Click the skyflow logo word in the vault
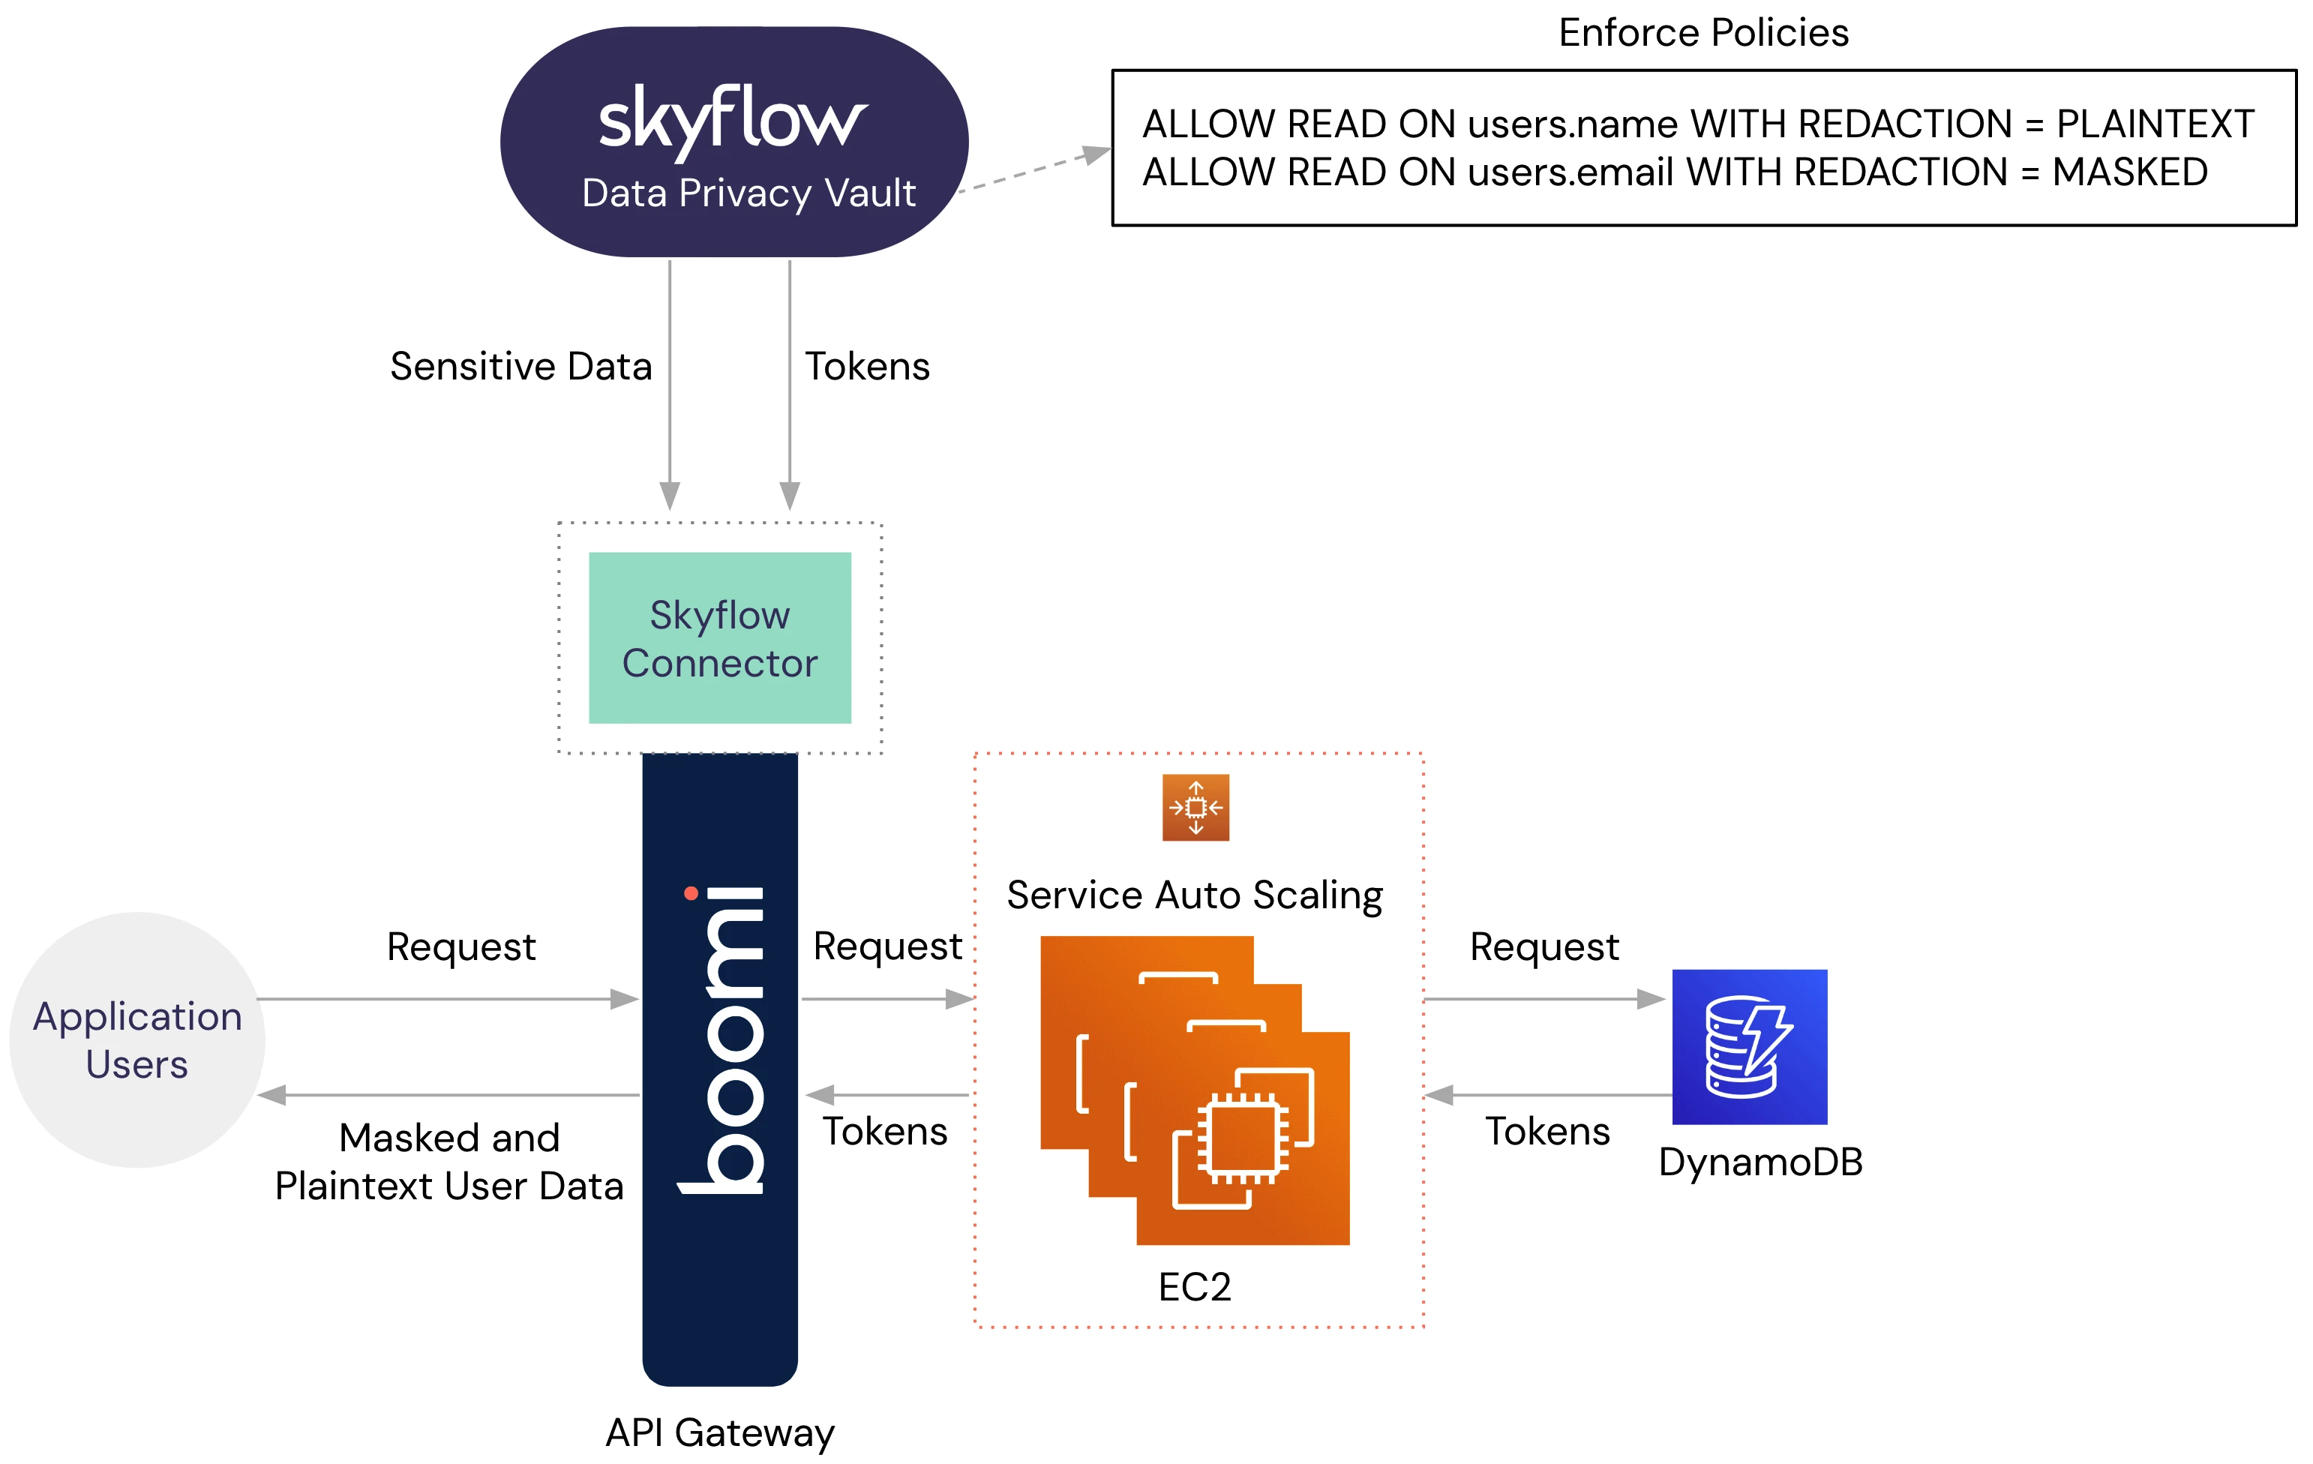pyautogui.click(x=732, y=120)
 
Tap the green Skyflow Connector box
pyautogui.click(x=719, y=637)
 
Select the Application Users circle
pyautogui.click(x=137, y=1039)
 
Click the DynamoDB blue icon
pyautogui.click(x=1749, y=1046)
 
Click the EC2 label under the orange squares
pyautogui.click(x=1194, y=1287)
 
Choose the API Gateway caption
pyautogui.click(x=719, y=1432)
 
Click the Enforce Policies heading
pyautogui.click(x=1703, y=33)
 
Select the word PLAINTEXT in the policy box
pyautogui.click(x=2155, y=124)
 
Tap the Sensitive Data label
pyautogui.click(x=520, y=367)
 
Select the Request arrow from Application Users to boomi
pyautogui.click(x=447, y=999)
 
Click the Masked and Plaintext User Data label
pyautogui.click(x=448, y=1162)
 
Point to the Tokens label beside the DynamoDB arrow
pyautogui.click(x=1547, y=1132)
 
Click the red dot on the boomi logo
pyautogui.click(x=691, y=893)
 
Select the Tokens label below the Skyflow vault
pyautogui.click(x=866, y=367)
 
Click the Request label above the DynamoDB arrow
pyautogui.click(x=1543, y=947)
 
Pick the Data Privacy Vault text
pyautogui.click(x=748, y=193)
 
